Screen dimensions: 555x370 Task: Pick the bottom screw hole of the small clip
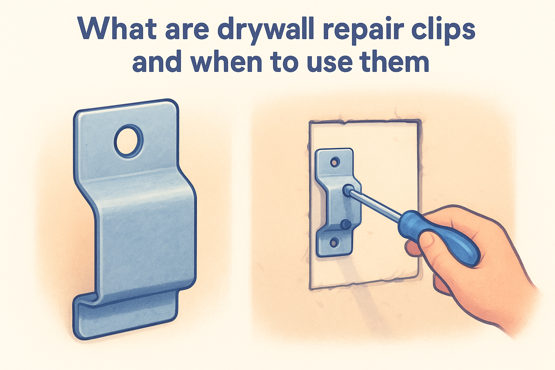pos(334,242)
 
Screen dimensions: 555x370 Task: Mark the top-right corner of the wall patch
pos(421,121)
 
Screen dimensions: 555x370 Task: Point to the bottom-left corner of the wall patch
pos(310,289)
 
